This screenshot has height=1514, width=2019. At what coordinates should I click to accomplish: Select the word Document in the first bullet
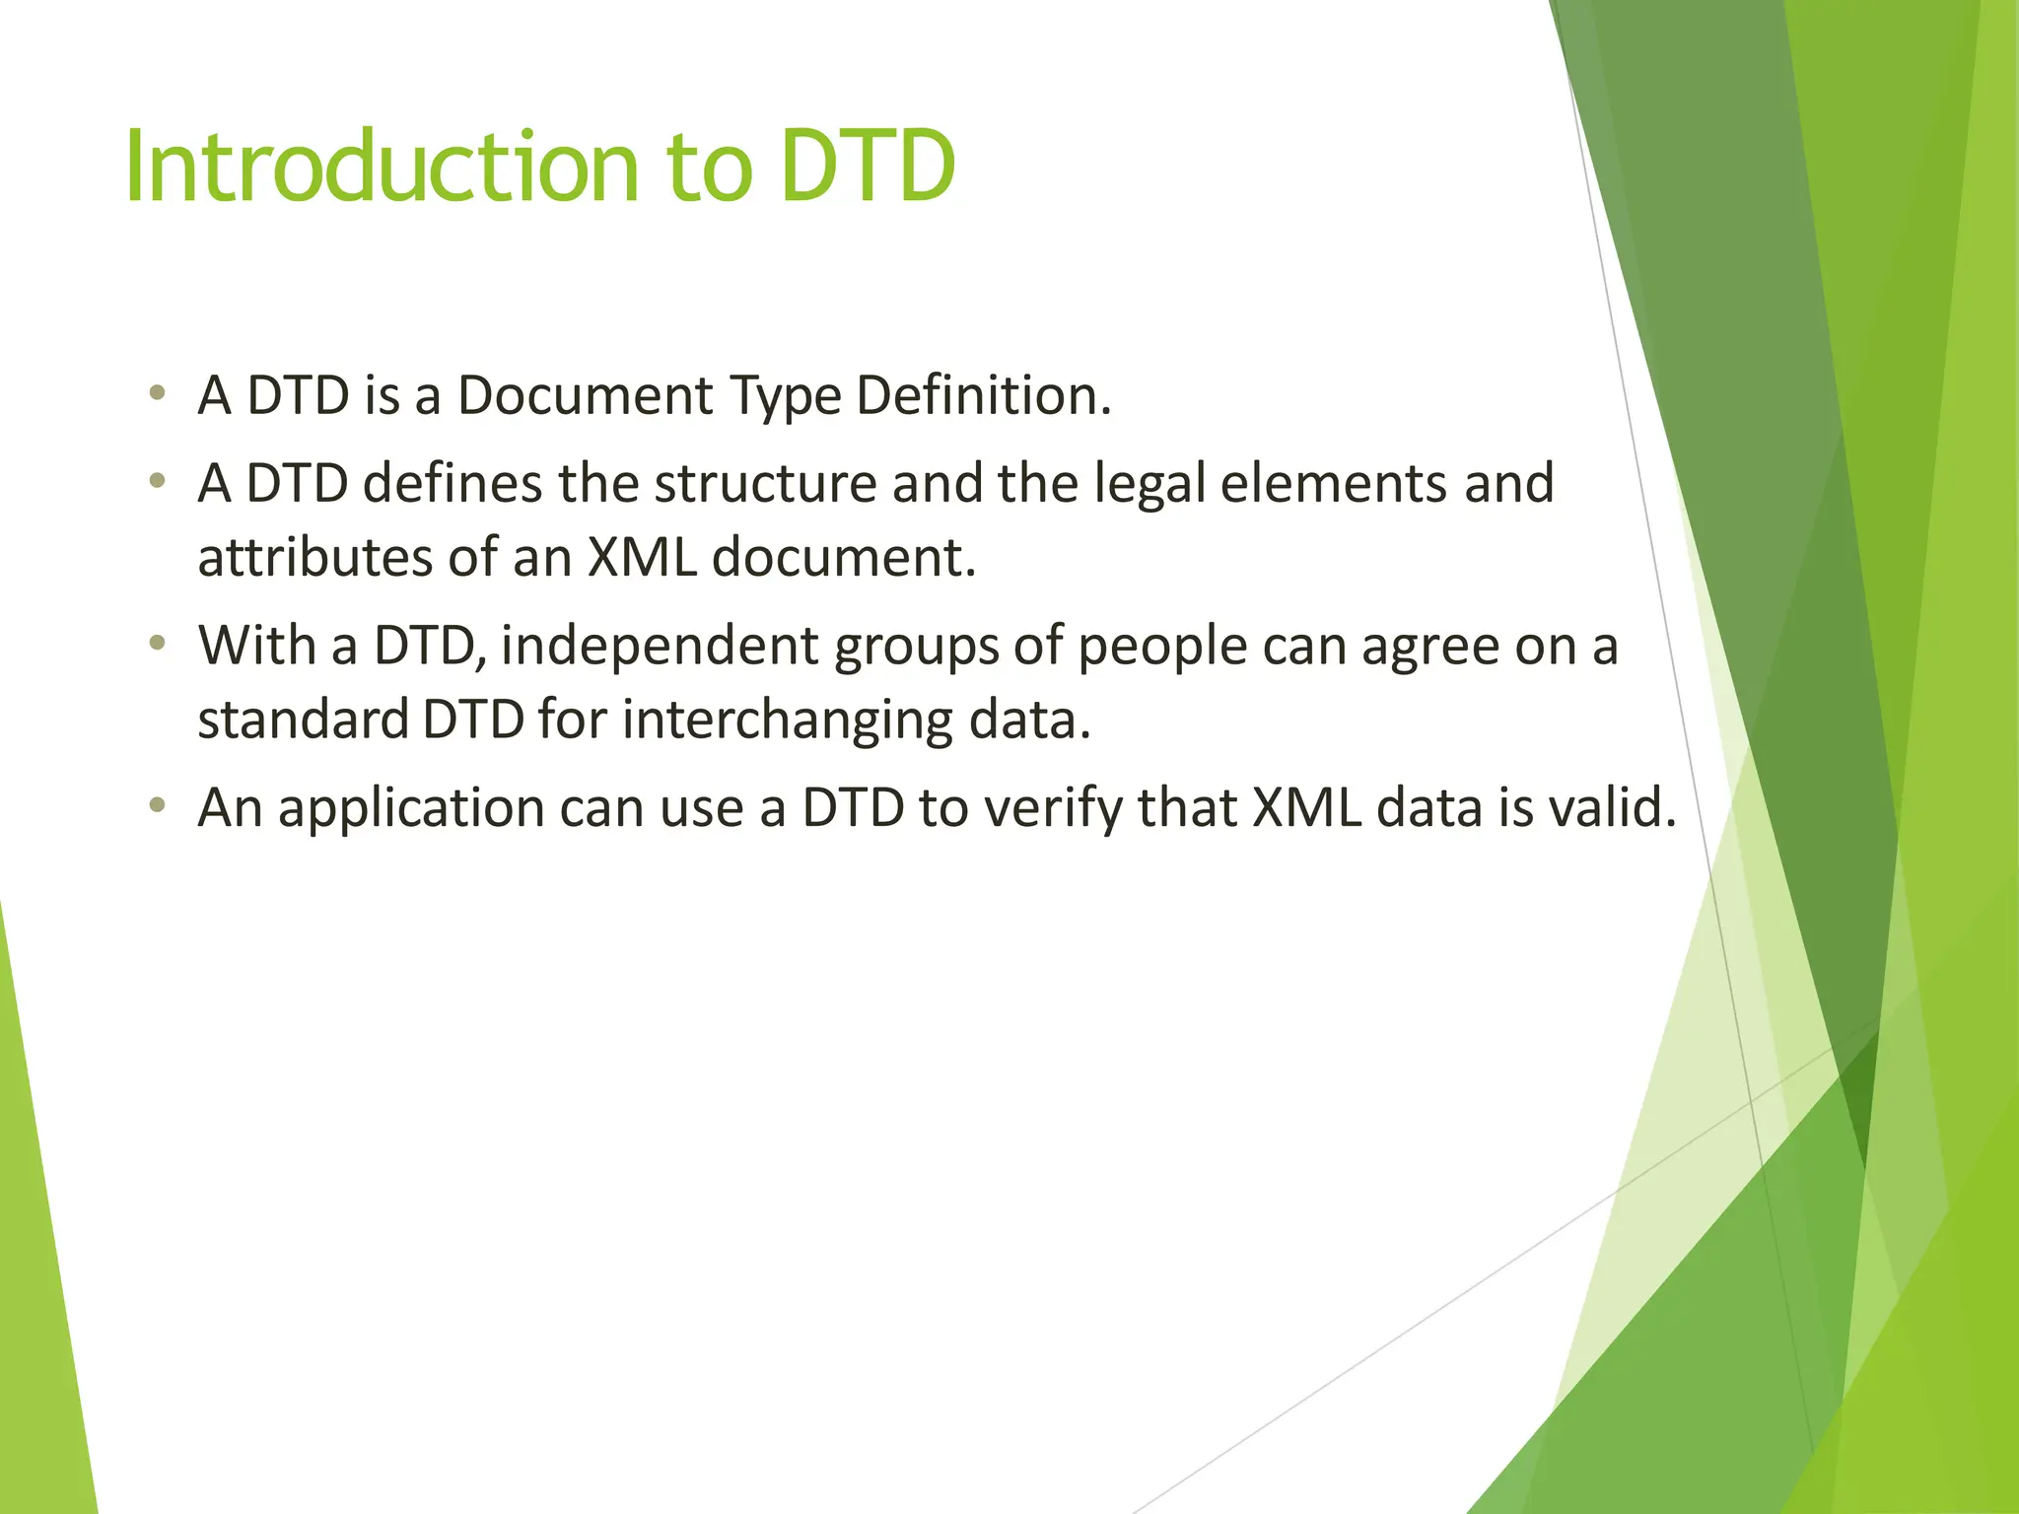click(585, 396)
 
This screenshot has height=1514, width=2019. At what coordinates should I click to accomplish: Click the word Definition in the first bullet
click(982, 396)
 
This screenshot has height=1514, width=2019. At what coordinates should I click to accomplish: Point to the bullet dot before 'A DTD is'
click(157, 394)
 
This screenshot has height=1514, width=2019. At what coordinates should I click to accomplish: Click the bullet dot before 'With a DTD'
click(157, 645)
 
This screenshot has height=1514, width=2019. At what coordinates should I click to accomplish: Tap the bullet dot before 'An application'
click(157, 806)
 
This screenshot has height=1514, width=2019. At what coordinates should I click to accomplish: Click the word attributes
click(314, 558)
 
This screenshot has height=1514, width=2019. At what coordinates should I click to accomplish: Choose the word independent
click(660, 648)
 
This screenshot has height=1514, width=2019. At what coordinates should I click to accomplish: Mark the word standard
click(303, 720)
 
